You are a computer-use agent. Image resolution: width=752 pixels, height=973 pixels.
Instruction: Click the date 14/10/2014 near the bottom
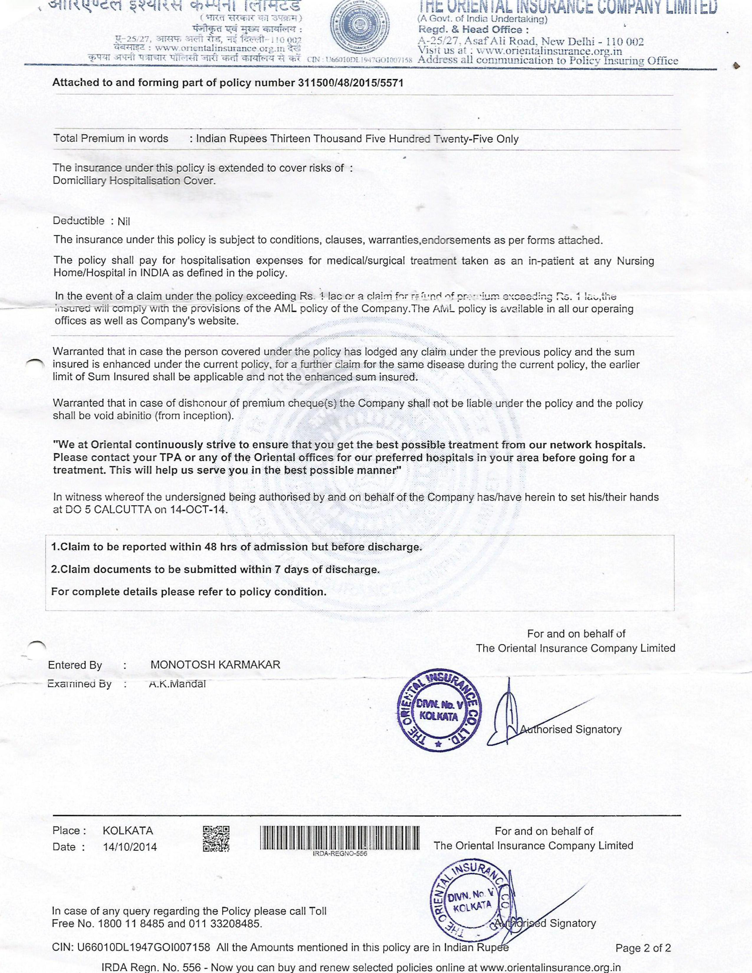130,847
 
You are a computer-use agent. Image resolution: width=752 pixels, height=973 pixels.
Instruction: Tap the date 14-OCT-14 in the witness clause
199,509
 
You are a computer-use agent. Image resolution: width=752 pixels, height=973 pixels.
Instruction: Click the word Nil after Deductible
124,221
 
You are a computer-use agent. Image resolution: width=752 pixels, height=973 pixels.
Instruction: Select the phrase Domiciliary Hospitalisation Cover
134,180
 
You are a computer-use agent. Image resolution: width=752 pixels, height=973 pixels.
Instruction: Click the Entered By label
75,665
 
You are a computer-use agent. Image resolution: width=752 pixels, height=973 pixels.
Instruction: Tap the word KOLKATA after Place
128,830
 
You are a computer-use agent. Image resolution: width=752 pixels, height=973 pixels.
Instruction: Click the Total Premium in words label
111,139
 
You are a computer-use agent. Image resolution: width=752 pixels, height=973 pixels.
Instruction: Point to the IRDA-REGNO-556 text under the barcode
337,853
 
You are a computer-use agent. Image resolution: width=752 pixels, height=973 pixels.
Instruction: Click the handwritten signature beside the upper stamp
508,716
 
